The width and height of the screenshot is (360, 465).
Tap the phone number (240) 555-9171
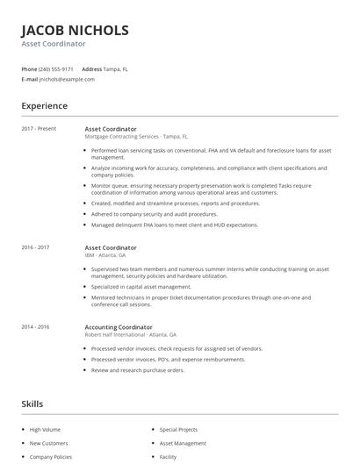57,68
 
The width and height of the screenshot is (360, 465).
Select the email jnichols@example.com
67,79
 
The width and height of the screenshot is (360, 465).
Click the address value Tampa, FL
115,68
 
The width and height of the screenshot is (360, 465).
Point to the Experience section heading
45,106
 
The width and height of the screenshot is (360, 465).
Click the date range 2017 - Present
39,129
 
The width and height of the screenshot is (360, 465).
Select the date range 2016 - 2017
35,247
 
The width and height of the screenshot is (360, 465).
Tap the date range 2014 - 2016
35,326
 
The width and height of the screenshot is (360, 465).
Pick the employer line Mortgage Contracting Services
122,137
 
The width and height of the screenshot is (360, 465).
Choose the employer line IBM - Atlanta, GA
105,255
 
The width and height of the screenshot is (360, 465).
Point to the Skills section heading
33,404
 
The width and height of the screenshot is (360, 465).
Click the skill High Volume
45,430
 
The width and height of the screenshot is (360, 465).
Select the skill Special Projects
178,430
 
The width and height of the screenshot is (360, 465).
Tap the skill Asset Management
181,444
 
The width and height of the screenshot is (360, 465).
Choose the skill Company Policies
50,457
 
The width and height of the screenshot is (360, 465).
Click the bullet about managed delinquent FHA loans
175,225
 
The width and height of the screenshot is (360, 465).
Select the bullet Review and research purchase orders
138,370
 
